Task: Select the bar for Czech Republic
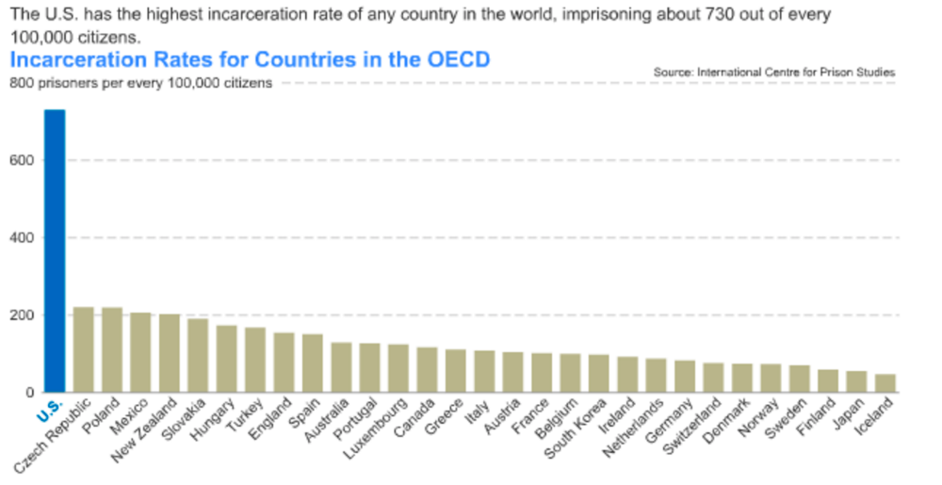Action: click(83, 349)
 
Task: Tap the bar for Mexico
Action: click(140, 352)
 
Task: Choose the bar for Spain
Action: click(313, 364)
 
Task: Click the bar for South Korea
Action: click(599, 374)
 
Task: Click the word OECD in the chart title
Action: click(455, 59)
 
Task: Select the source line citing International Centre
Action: click(773, 72)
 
